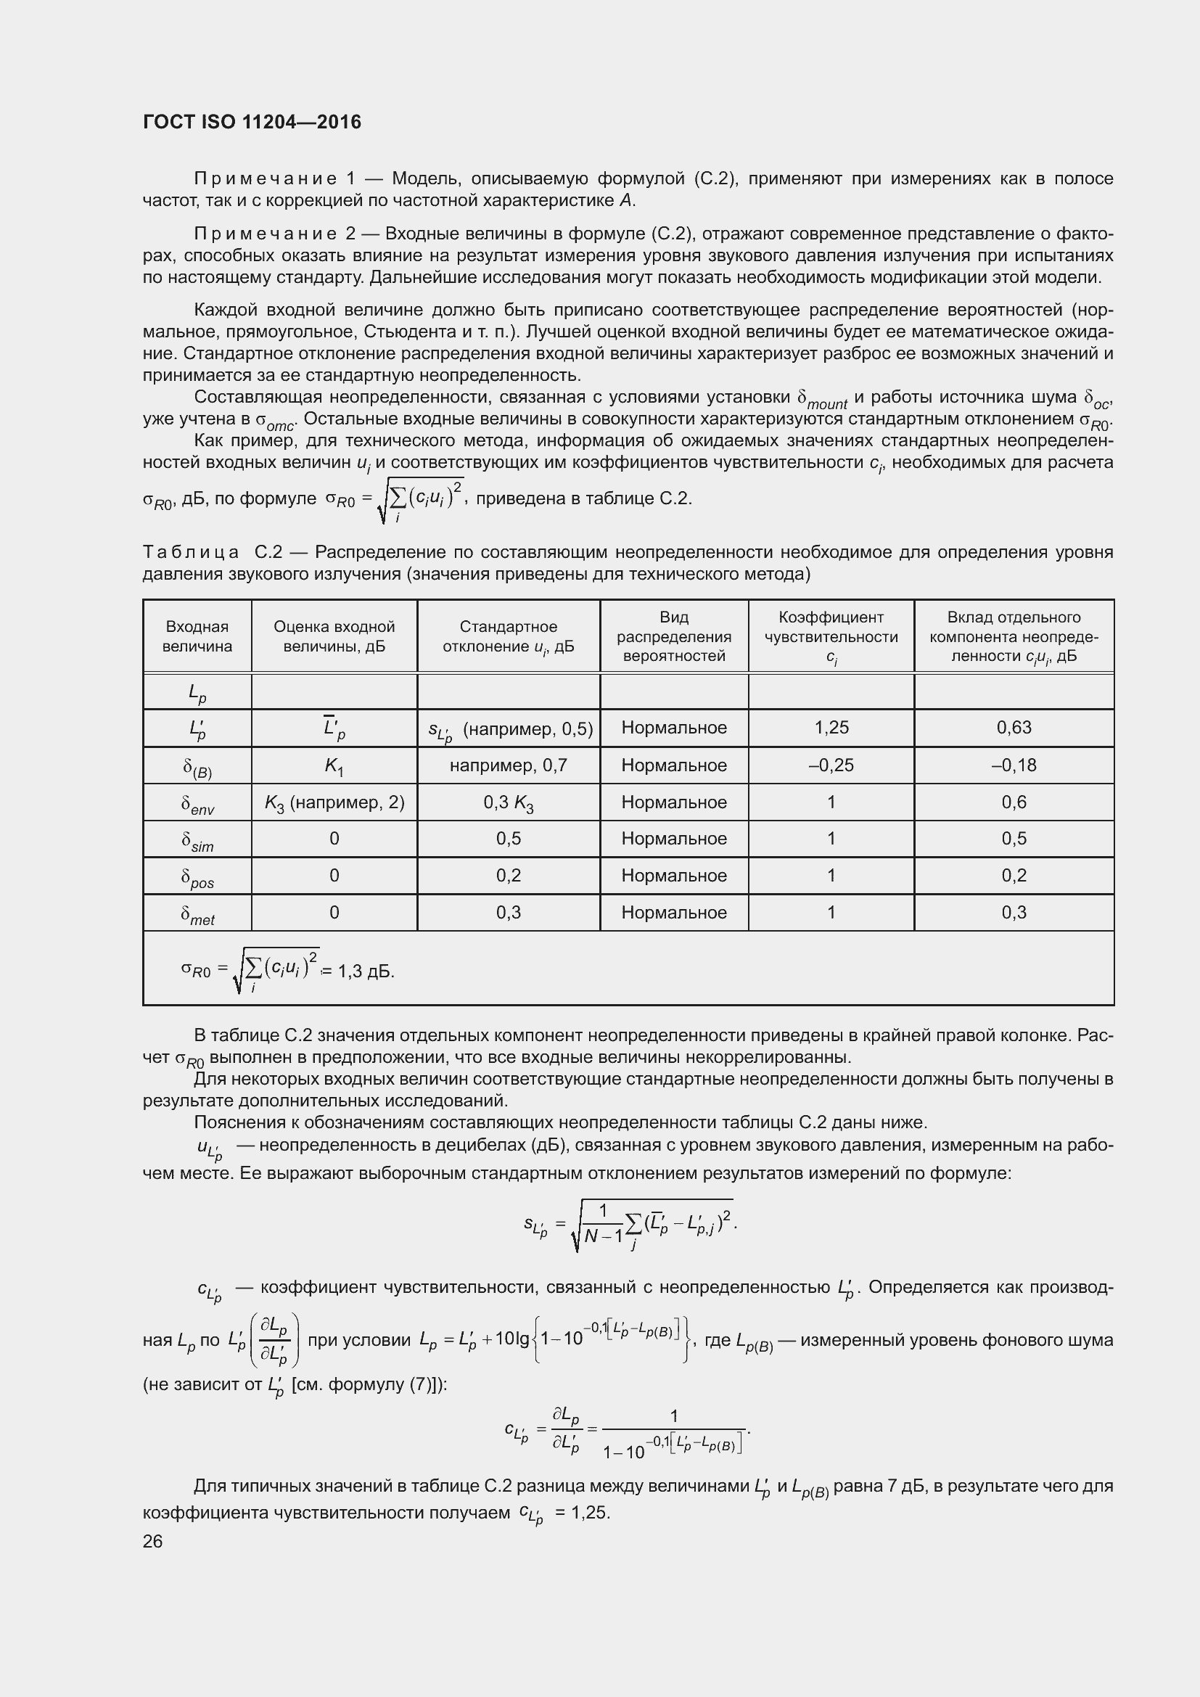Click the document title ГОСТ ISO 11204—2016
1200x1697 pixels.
[252, 122]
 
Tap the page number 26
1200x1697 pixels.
[152, 1541]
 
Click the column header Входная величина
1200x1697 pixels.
[197, 636]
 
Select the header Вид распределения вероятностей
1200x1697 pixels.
[674, 636]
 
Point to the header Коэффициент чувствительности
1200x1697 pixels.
[831, 636]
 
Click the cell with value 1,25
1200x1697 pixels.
[831, 728]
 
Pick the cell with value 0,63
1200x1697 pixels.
[1014, 728]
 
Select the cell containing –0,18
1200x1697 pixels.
[1014, 765]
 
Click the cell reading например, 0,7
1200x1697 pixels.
[509, 765]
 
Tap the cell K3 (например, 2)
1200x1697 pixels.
[334, 802]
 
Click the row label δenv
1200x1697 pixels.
[197, 804]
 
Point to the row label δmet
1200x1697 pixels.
[197, 915]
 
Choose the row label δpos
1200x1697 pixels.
[197, 878]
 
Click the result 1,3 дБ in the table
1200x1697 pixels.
[366, 971]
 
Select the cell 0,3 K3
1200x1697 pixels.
[509, 802]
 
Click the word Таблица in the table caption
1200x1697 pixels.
[191, 552]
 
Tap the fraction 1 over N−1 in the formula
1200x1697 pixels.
[603, 1225]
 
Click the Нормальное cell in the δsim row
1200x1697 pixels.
[674, 839]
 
